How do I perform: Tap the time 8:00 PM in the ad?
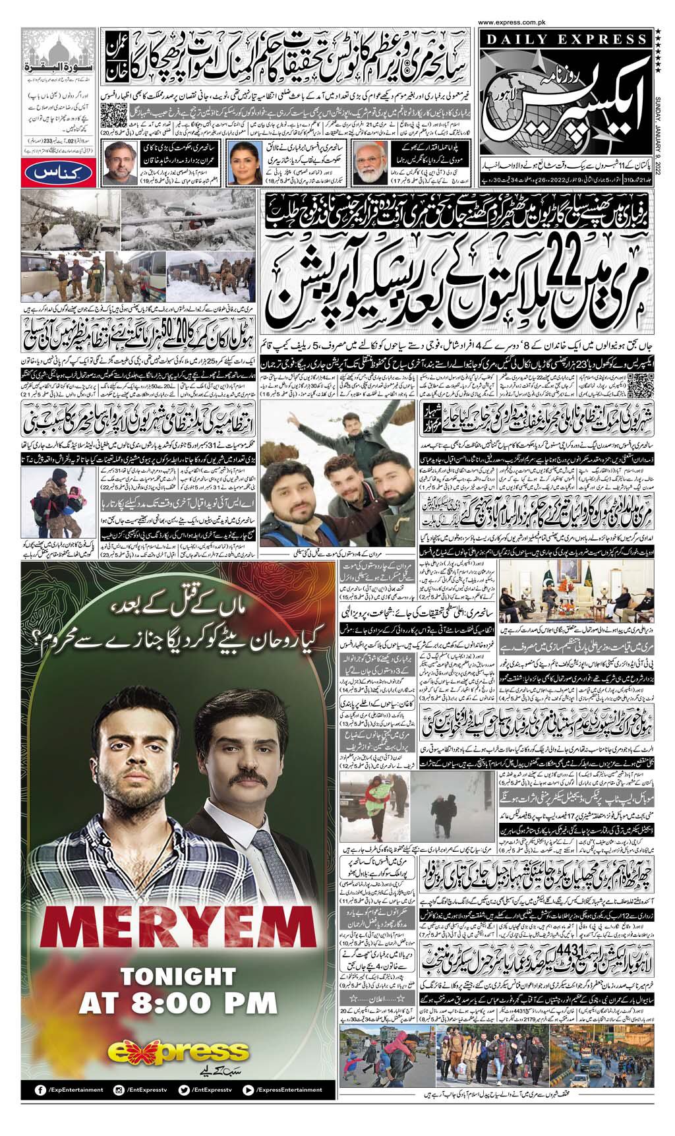[177, 1004]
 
